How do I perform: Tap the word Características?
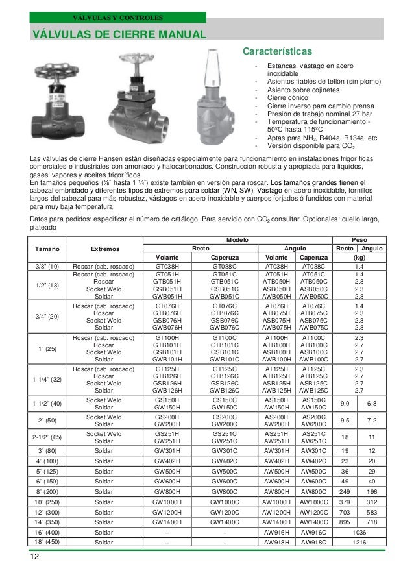point(277,51)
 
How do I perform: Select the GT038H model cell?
point(167,266)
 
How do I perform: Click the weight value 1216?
point(359,541)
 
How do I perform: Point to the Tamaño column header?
point(47,249)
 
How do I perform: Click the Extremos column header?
point(104,249)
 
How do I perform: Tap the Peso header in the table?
point(358,239)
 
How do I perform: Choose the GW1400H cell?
point(167,521)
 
